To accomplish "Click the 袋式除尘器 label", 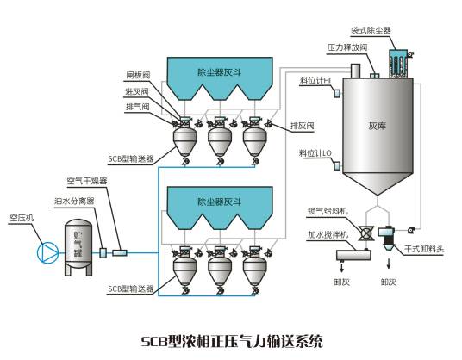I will point(371,30).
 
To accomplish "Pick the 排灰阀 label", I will point(301,126).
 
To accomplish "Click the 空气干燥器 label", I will point(87,182).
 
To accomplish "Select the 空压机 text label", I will point(22,219).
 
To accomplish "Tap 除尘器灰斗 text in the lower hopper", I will point(216,202).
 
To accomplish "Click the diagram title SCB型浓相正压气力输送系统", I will point(230,341).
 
